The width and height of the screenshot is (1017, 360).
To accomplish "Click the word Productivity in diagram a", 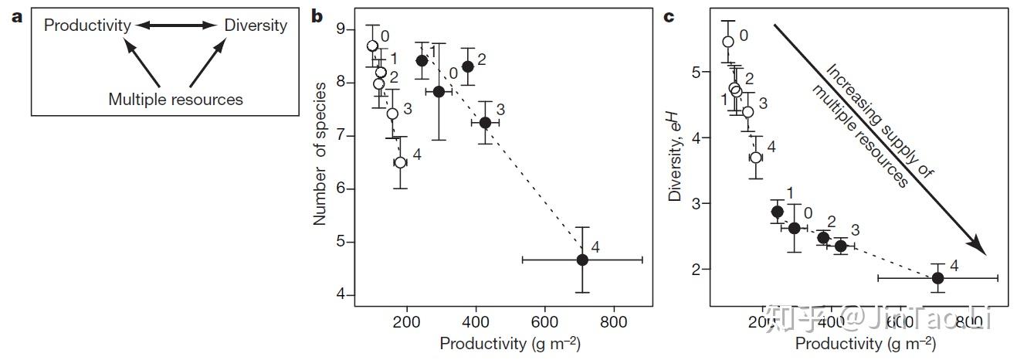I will coord(87,25).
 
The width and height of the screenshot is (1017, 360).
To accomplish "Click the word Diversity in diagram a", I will coord(256,25).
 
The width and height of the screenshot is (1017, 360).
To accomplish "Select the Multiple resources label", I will coord(175,99).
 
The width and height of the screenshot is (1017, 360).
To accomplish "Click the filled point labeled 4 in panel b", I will coord(582,260).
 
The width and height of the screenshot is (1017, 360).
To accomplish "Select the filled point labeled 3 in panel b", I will coord(485,123).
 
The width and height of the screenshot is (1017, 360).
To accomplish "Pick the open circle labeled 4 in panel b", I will coord(400,162).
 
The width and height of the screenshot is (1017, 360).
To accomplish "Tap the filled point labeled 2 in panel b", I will coord(467,66).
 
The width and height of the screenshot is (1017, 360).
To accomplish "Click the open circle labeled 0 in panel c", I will coord(727,42).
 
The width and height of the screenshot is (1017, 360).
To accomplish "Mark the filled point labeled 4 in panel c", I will coord(937,278).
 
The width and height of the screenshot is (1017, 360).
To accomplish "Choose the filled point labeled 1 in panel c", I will coord(777,212).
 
